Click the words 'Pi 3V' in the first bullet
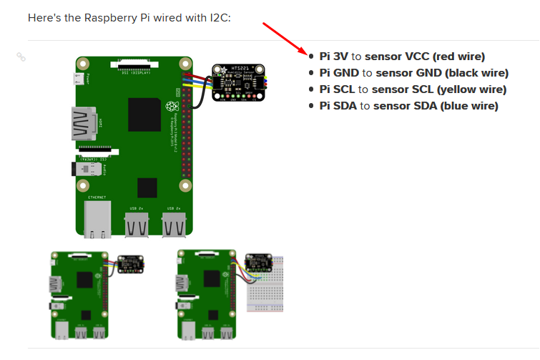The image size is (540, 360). coord(334,56)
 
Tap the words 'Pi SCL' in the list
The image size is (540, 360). coord(337,89)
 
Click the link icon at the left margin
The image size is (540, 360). coord(21,57)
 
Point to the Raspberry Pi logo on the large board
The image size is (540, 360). coord(171,107)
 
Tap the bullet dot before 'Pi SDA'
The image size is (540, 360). coord(311,106)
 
